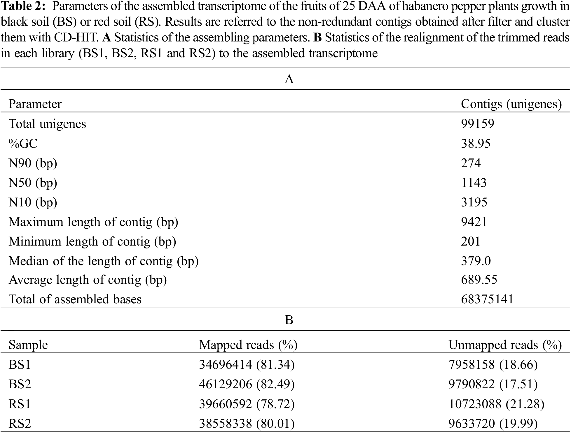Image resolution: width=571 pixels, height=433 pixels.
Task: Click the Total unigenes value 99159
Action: [x=478, y=124]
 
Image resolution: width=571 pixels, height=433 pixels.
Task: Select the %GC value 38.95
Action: [x=476, y=143]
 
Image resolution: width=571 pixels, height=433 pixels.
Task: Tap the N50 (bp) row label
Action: [x=33, y=183]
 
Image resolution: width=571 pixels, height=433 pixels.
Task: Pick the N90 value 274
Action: [x=471, y=163]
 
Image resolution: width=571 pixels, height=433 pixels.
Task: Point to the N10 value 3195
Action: [x=474, y=202]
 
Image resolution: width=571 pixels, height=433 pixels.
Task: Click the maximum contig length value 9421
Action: [x=474, y=222]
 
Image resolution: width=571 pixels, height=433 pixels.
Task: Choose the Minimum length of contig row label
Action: [x=92, y=241]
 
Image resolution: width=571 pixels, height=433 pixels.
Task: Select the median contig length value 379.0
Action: [x=476, y=261]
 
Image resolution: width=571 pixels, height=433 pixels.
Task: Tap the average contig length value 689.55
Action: [x=479, y=280]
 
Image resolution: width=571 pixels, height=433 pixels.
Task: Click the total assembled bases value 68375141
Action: [x=487, y=299]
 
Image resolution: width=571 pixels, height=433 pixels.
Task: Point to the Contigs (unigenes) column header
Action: [x=511, y=104]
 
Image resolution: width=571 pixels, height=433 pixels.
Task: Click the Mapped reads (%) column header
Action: [x=248, y=345]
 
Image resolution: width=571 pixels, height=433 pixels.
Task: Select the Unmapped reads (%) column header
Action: [x=505, y=345]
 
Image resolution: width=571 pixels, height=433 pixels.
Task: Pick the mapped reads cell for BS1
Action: [x=247, y=365]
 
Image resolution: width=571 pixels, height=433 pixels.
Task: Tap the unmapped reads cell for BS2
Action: [x=493, y=384]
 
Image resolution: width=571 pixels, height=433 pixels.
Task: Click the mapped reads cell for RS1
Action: [x=247, y=404]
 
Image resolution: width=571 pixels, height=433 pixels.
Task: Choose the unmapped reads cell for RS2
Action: [x=493, y=424]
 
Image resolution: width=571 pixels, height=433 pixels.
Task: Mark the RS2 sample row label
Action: [x=20, y=424]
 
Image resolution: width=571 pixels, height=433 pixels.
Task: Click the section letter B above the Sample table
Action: [x=289, y=320]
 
